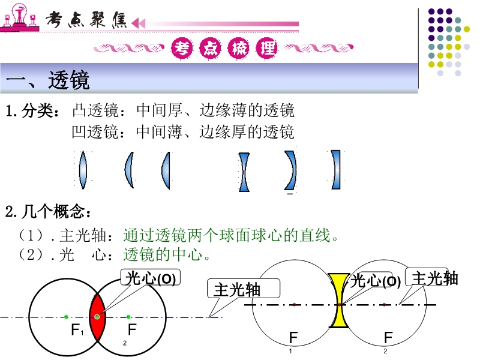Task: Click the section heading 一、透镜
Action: click(x=47, y=79)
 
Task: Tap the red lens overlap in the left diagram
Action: click(x=97, y=316)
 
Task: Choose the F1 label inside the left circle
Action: click(x=76, y=330)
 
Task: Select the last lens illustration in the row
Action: click(x=337, y=169)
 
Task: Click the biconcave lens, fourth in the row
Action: click(x=244, y=172)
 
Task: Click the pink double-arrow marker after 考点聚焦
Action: click(x=138, y=23)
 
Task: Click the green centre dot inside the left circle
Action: click(x=66, y=316)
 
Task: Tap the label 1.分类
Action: click(x=32, y=111)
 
